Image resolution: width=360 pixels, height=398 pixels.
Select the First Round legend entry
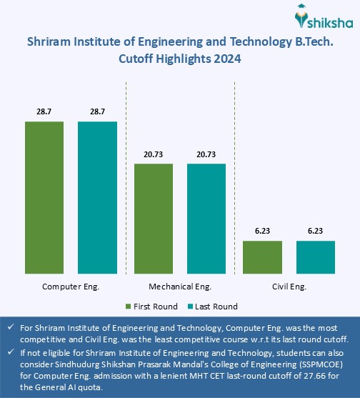point(152,307)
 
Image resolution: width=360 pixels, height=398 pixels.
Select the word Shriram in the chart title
point(51,43)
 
